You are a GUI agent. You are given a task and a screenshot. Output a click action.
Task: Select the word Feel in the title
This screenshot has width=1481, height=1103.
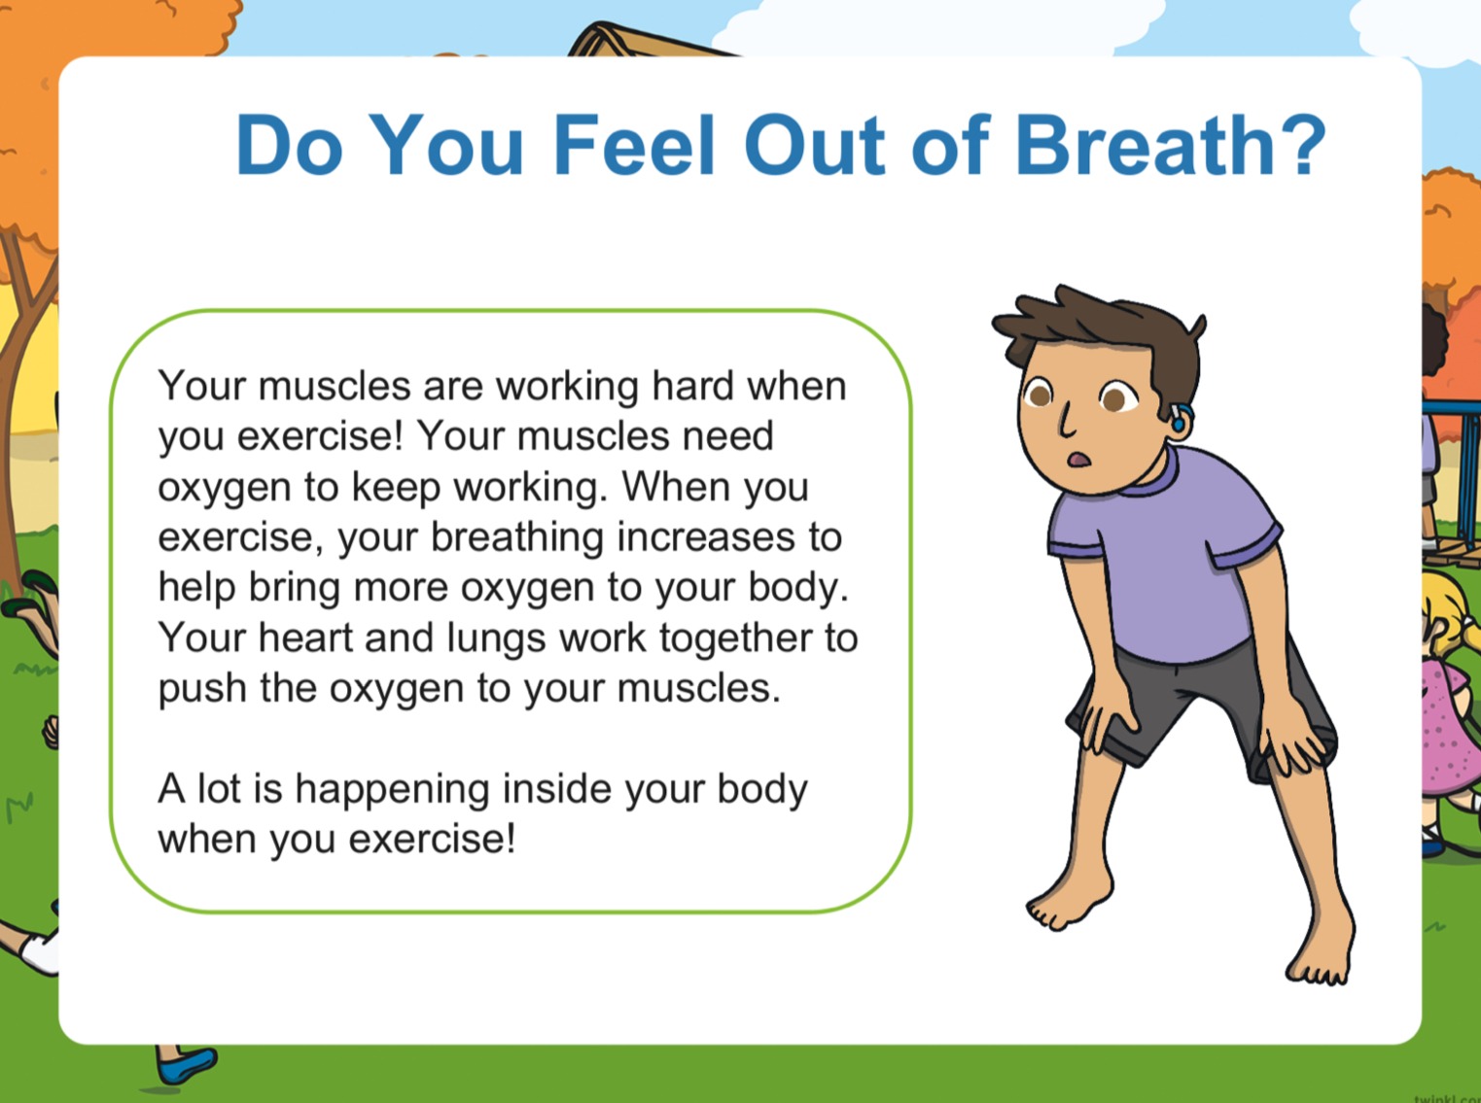tap(634, 144)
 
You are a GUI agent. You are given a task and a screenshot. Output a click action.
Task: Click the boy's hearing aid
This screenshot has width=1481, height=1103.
tap(1180, 417)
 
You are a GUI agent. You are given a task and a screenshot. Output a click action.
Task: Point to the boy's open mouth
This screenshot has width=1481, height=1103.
tap(1078, 459)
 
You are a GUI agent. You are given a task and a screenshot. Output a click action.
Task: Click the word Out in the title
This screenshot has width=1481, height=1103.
tap(814, 144)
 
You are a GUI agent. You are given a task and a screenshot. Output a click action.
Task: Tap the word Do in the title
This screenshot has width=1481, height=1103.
tap(289, 144)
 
